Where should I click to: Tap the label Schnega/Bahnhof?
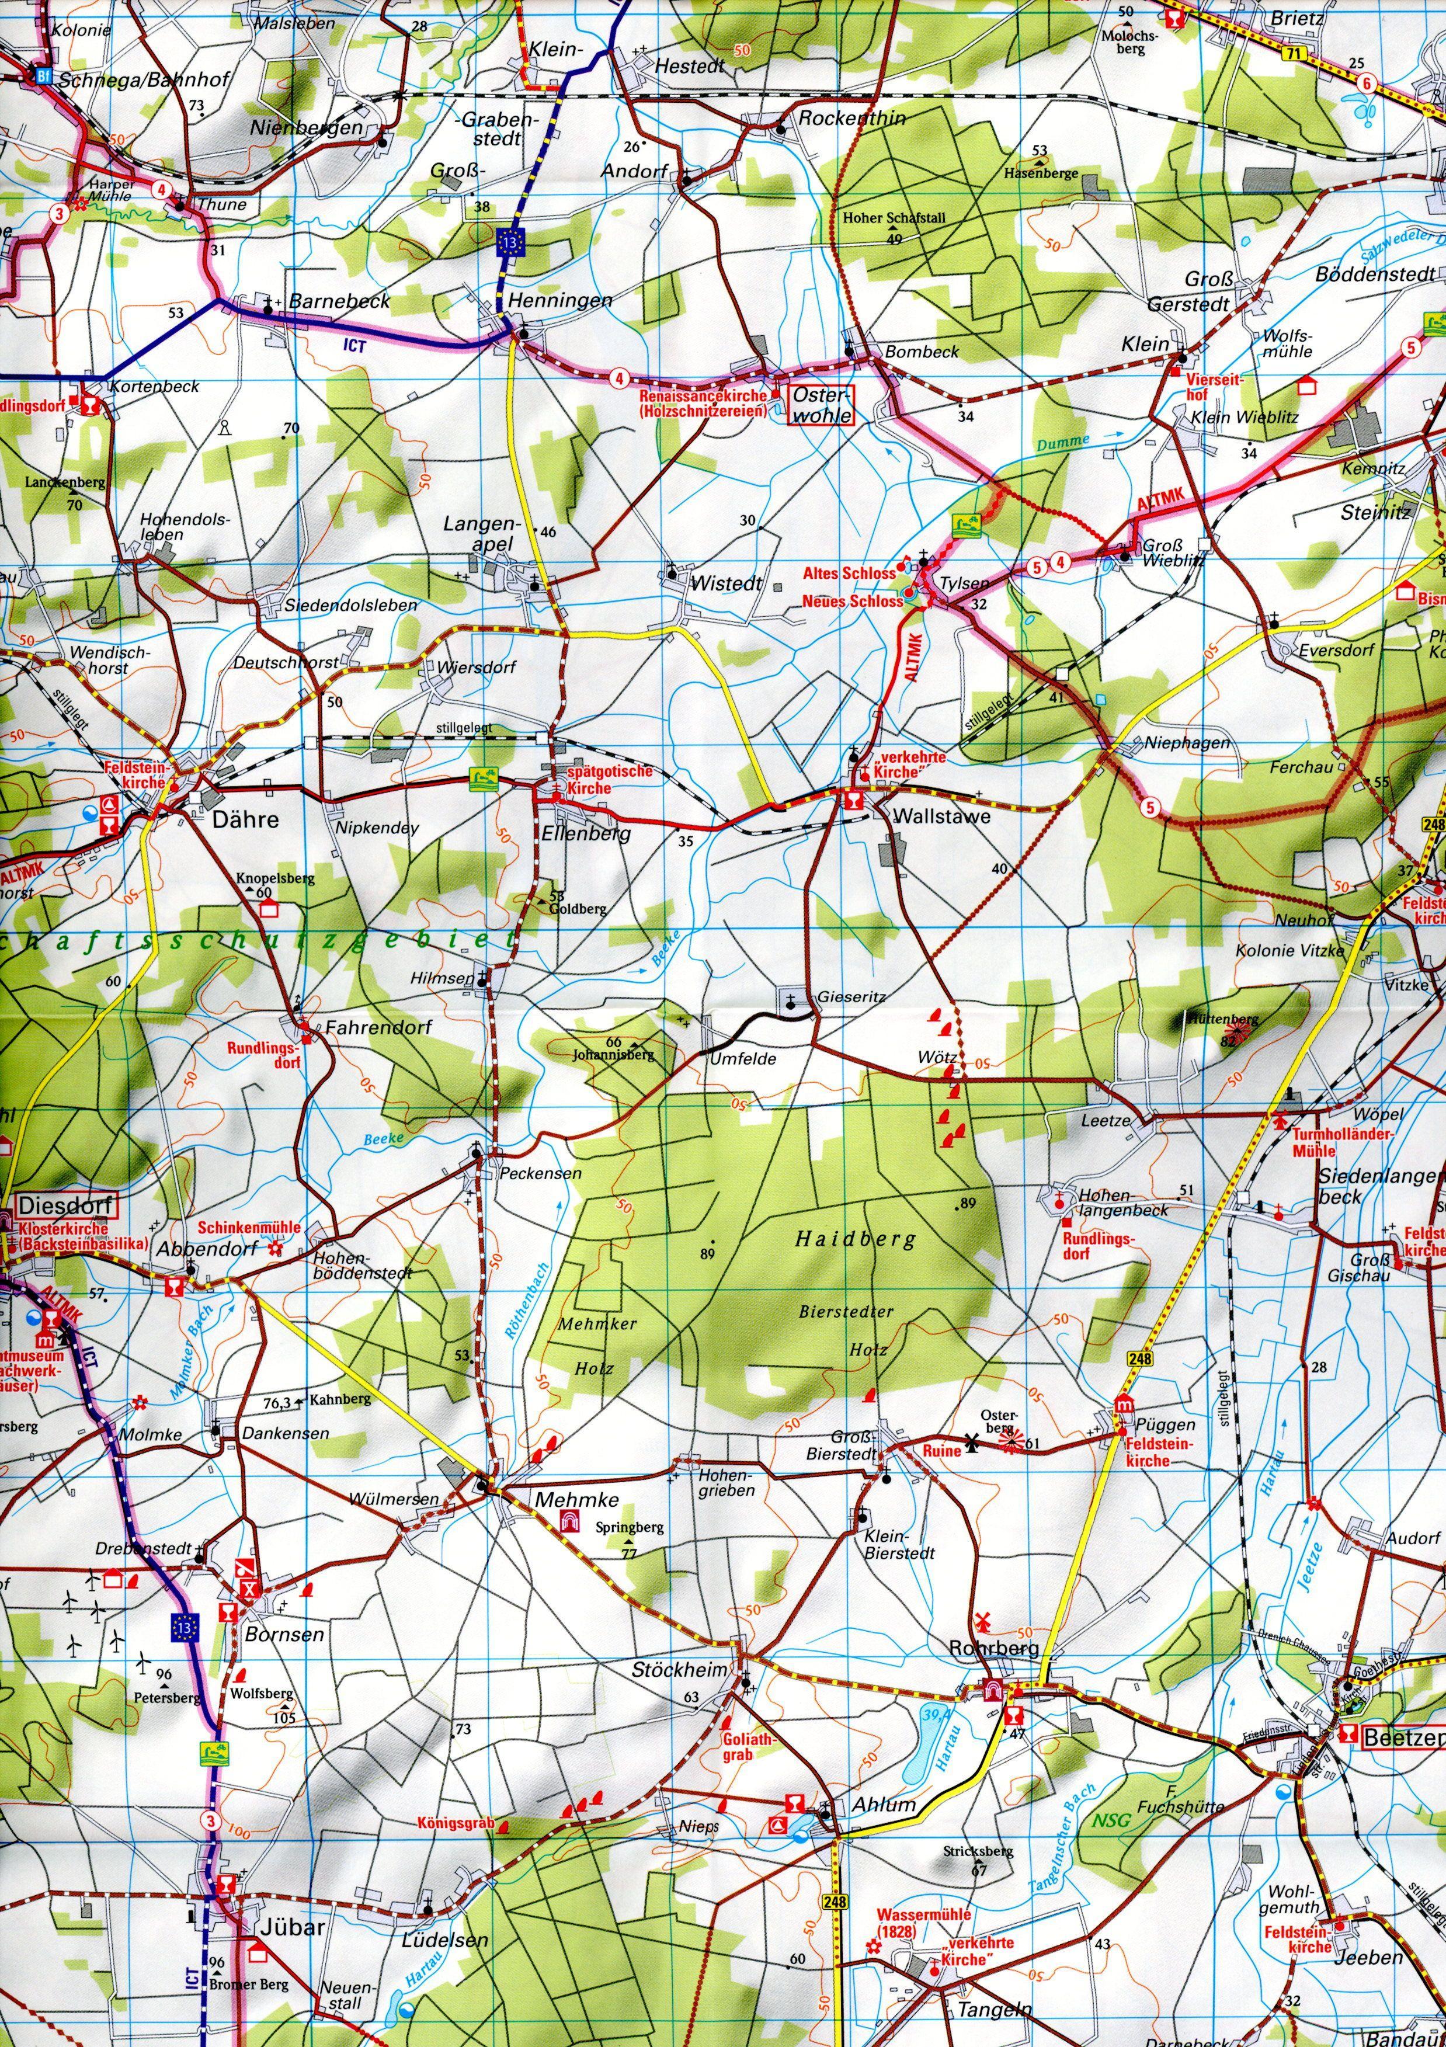[x=145, y=79]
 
